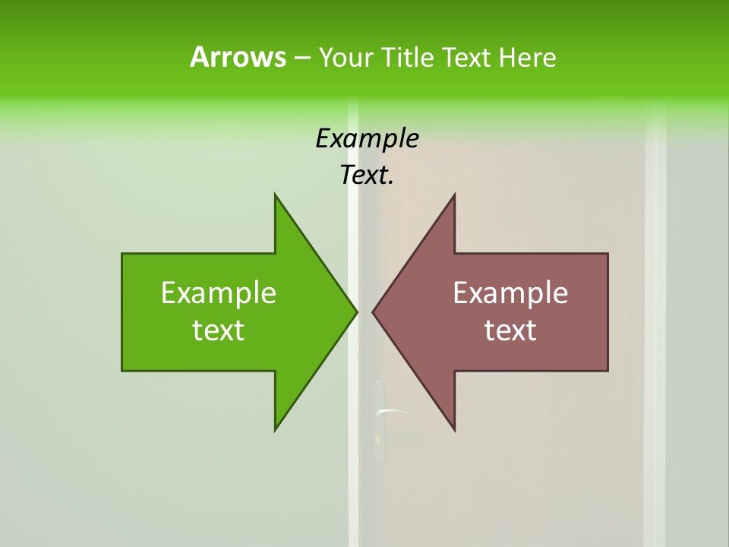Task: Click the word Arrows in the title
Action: [238, 57]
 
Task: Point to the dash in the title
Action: [301, 58]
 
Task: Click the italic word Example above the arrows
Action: [367, 138]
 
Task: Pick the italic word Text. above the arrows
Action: [367, 175]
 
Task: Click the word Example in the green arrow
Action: [219, 292]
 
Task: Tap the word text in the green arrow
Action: [219, 330]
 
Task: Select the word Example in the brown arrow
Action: [510, 292]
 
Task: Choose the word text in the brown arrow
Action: [510, 330]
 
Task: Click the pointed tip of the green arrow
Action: [356, 311]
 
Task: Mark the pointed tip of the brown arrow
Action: [373, 311]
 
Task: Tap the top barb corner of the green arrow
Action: [275, 194]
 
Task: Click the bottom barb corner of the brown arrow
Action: [455, 430]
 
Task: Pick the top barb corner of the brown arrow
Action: [455, 194]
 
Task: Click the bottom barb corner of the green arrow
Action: [275, 430]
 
